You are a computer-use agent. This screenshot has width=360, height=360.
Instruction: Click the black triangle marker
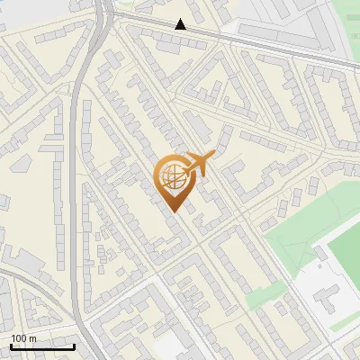[x=181, y=24]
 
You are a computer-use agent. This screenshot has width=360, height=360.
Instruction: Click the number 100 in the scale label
[x=19, y=337]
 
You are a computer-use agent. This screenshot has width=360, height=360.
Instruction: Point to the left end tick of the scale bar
[x=11, y=345]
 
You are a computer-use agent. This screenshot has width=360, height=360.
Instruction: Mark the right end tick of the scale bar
[x=74, y=345]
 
